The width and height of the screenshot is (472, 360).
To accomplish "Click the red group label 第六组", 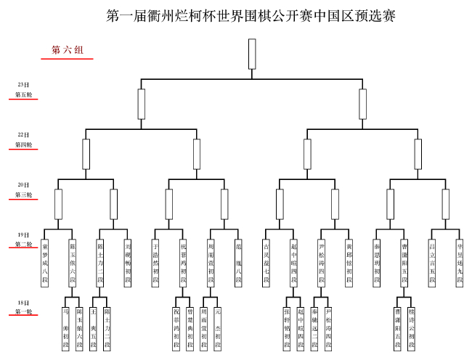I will point(68,50).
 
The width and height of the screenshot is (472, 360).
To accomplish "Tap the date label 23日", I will point(24,85).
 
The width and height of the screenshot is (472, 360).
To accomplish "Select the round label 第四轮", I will point(24,145).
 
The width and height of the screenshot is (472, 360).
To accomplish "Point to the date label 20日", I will point(24,184).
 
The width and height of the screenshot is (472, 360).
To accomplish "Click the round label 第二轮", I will point(24,245).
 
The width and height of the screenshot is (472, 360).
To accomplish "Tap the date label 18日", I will point(24,302).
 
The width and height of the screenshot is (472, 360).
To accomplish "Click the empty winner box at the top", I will point(252,54).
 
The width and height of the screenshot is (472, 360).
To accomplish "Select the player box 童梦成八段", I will point(44,263).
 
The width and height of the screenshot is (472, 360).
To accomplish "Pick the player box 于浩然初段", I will point(155,263).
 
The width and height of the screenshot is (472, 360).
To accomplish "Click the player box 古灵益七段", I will point(266,263).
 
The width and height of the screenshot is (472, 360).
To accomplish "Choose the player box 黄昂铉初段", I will point(349,263).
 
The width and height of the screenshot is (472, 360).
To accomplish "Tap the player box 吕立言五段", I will point(432,263).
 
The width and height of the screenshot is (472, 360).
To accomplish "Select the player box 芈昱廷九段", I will point(460,263).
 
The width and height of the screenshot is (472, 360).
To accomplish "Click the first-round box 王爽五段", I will point(94,328).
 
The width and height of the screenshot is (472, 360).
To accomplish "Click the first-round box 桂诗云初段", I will point(412,328).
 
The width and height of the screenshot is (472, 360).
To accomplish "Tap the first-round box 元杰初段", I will point(218,328).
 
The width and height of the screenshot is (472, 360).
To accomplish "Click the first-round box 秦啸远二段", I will point(314,328).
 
